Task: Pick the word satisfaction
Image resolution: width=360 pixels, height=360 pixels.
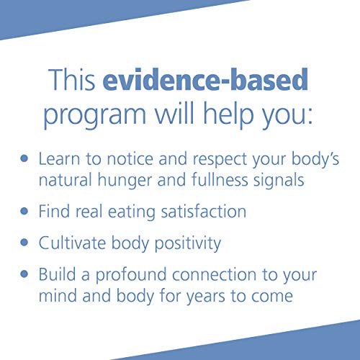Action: (197, 212)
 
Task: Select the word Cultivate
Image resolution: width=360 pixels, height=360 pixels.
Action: (74, 243)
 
